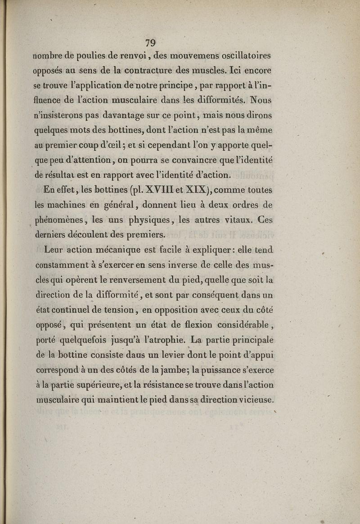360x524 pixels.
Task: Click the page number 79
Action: pos(150,43)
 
